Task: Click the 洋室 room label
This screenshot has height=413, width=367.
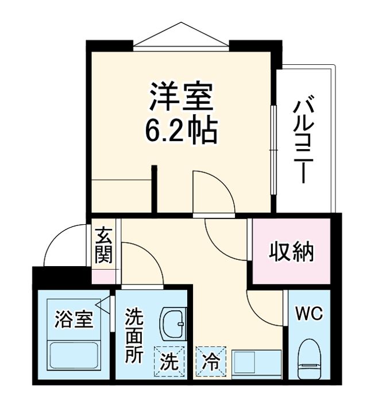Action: [182, 98]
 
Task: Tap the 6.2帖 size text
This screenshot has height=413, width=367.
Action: [181, 131]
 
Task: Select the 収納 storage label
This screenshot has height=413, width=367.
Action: [292, 252]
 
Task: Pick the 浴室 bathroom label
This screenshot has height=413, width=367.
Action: [74, 319]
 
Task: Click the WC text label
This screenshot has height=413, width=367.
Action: [309, 314]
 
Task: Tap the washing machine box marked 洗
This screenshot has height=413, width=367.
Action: [169, 362]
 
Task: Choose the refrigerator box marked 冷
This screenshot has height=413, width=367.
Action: [211, 362]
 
